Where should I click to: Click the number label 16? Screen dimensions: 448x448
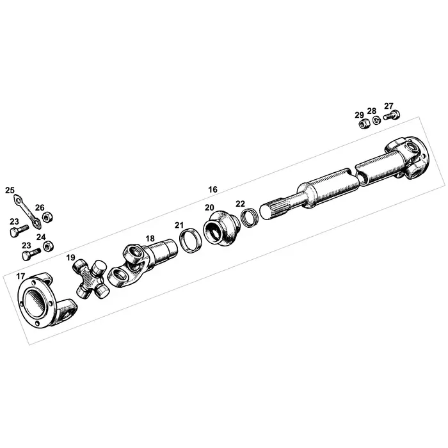click(x=212, y=189)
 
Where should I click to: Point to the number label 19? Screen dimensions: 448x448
click(x=70, y=257)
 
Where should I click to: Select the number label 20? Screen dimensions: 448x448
click(x=209, y=207)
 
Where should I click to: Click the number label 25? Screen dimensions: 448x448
click(x=10, y=190)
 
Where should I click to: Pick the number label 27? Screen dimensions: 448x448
click(x=388, y=106)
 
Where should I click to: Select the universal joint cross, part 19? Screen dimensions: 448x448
click(x=90, y=278)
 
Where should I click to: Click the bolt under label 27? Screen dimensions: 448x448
click(x=392, y=117)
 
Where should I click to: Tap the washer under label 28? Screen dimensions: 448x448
click(x=375, y=119)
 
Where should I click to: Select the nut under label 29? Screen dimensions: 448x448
click(x=361, y=123)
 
